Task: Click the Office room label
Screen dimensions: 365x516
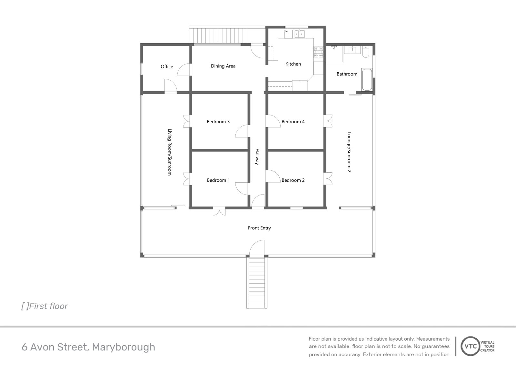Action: (x=167, y=66)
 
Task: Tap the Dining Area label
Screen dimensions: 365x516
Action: (x=223, y=66)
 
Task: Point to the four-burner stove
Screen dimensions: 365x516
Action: (x=318, y=52)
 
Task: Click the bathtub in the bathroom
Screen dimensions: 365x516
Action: (x=367, y=79)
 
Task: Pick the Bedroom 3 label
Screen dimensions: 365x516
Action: (x=218, y=122)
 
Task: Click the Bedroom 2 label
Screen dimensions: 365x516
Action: (x=293, y=180)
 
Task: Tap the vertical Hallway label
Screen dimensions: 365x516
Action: (x=257, y=157)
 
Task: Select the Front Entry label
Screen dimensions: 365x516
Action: (x=259, y=228)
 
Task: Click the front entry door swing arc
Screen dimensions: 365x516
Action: (x=257, y=247)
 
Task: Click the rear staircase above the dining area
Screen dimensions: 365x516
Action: (x=219, y=35)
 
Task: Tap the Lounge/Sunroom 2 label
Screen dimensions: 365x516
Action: (x=349, y=152)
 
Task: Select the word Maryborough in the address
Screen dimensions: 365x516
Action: (x=124, y=347)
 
